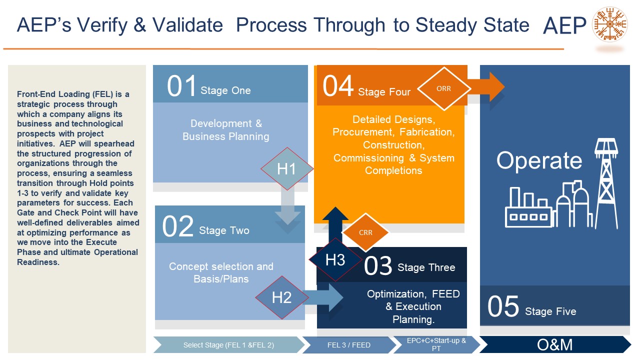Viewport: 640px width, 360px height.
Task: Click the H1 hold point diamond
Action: [x=286, y=169]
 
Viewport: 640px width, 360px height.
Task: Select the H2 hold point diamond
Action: [x=281, y=297]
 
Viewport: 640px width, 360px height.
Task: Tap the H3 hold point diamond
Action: [x=335, y=260]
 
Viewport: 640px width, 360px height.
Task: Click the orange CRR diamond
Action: [x=365, y=232]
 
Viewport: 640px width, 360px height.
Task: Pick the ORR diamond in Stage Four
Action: [x=443, y=88]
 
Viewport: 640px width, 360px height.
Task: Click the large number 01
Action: [x=181, y=86]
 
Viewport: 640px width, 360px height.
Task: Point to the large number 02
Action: [x=178, y=227]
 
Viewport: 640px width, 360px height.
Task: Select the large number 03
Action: [x=378, y=266]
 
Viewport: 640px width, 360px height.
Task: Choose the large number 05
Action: [x=503, y=307]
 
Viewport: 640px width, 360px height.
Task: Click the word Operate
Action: [x=539, y=160]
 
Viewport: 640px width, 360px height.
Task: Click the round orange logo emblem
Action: [x=609, y=24]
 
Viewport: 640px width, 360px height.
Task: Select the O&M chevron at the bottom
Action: [x=555, y=344]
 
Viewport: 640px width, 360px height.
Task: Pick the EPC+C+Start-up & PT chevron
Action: [x=436, y=344]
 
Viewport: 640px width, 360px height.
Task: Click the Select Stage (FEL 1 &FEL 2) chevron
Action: [x=228, y=344]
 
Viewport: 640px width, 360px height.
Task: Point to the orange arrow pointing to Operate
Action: [x=487, y=87]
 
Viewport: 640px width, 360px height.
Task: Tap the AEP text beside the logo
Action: [x=564, y=26]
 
